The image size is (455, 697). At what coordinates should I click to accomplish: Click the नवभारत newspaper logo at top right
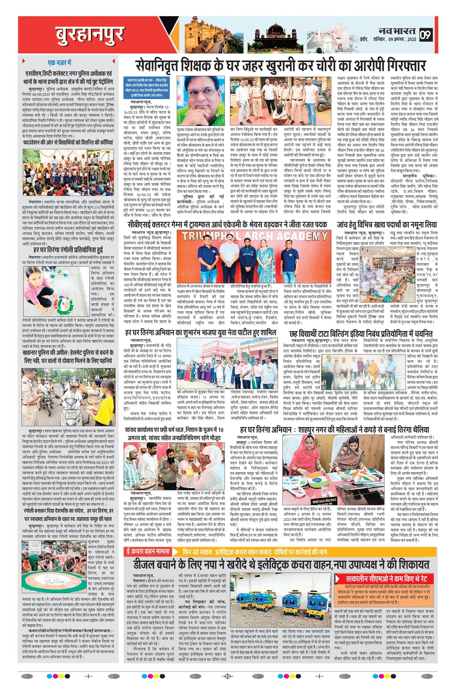coord(397,30)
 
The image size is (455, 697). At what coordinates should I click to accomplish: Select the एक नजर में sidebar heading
coord(60,62)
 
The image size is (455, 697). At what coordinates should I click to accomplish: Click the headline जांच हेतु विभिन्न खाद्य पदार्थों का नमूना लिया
coord(387,225)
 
